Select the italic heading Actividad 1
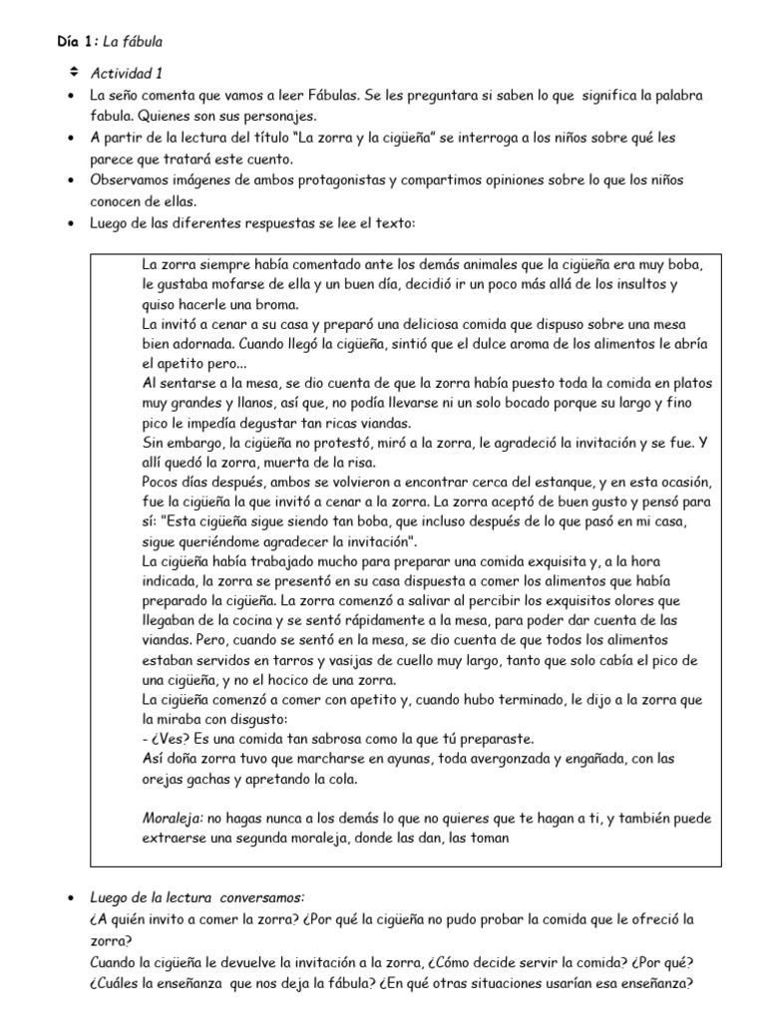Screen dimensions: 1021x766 (126, 73)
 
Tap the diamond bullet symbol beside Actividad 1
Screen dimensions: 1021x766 (73, 72)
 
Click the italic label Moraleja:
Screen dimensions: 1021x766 (174, 819)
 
